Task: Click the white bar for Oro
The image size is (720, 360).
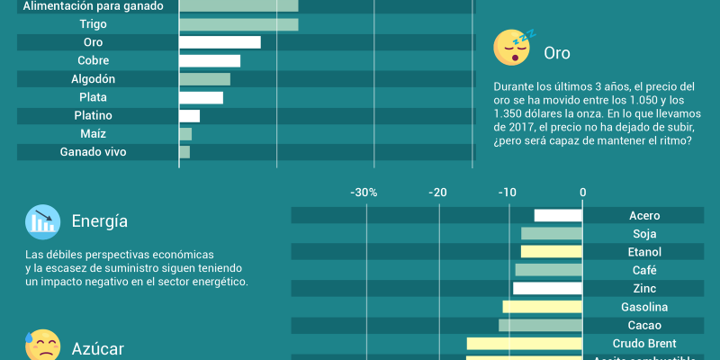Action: (220, 42)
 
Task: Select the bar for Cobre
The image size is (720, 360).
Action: (210, 61)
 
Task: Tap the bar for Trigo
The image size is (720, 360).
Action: (238, 24)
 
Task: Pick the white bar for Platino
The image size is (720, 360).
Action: (189, 116)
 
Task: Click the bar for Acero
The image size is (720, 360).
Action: (558, 216)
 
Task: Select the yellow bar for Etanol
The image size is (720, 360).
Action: (552, 252)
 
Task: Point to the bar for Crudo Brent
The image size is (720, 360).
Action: (525, 344)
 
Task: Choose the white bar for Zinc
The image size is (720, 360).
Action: (548, 289)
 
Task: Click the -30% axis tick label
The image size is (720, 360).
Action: (364, 193)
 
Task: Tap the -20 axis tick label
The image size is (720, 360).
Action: (437, 193)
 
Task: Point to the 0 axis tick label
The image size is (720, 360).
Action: (583, 193)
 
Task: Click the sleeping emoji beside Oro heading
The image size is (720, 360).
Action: (511, 48)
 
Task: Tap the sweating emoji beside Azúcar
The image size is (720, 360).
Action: (42, 346)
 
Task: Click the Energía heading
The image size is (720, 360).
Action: (100, 221)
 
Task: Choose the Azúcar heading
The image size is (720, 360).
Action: (98, 349)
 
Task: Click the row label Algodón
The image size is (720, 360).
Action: (94, 79)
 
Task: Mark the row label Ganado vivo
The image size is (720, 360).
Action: (94, 152)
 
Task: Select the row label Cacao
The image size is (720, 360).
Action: (644, 325)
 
